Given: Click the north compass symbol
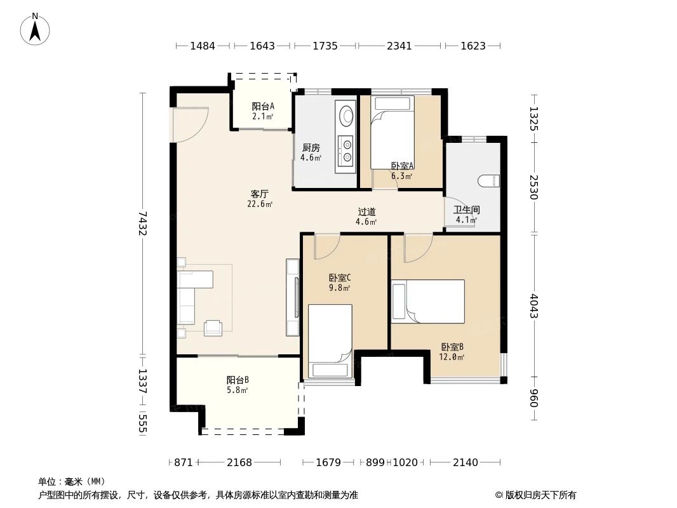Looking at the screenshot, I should pos(36,29).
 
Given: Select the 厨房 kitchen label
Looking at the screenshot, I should pos(311,148).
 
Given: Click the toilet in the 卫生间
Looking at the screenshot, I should pos(490,180).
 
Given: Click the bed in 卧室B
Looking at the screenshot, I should pos(429,301).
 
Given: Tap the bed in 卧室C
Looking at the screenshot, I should pos(330,341).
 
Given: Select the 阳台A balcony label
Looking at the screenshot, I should pos(263,107).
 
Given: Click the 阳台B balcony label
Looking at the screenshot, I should pos(238,380).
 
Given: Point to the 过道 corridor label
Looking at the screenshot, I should pos(366,212).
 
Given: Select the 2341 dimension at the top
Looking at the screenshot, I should pos(399,46).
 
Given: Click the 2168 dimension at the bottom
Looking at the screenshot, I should pos(239,462).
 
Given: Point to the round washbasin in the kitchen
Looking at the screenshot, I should pos(347,115).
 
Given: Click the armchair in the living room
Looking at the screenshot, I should pos(213,327).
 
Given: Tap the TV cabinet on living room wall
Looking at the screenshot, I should pos(293,297).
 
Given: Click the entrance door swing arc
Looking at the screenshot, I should pos(190,124).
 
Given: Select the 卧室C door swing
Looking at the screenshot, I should pos(326,245).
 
